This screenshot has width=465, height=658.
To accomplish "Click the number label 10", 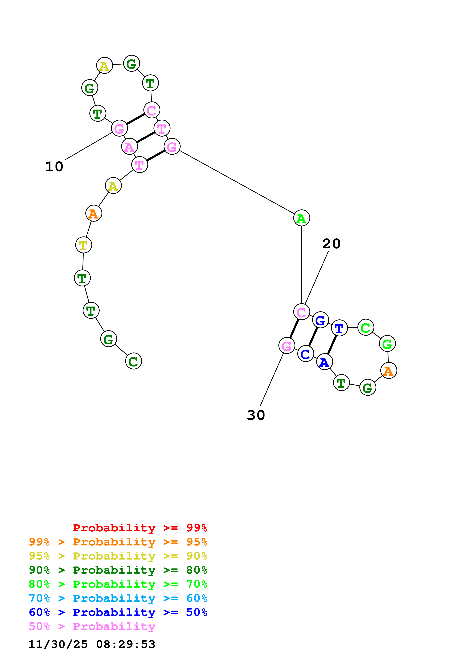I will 54,167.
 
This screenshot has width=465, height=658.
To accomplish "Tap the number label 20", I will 331,244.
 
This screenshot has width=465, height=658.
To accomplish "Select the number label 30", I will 256,415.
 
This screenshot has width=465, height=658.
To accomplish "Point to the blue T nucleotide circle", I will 339,328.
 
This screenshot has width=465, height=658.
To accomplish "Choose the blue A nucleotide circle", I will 324,362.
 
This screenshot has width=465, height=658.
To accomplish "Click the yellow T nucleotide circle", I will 83,245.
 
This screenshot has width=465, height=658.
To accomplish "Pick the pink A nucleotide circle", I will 129,146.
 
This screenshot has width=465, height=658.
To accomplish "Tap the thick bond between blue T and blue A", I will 332,345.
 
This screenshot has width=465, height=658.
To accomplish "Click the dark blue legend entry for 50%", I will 118,612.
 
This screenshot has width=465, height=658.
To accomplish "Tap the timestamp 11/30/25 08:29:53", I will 92,644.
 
